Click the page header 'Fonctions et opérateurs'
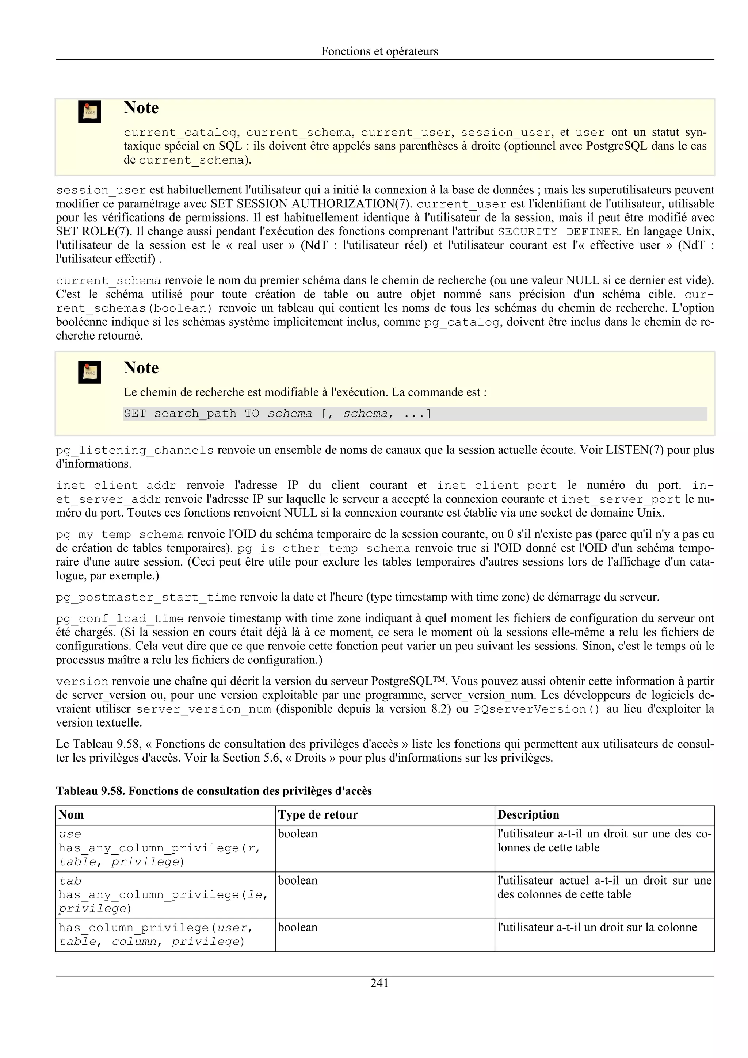click(x=379, y=51)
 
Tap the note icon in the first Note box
click(x=89, y=112)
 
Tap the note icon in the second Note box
click(x=89, y=372)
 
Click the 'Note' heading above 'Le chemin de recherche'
click(x=141, y=368)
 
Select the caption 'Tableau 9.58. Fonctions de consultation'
click(x=213, y=791)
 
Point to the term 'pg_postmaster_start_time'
click(x=146, y=597)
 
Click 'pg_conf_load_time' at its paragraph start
click(x=119, y=618)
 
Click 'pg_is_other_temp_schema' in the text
click(x=323, y=548)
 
